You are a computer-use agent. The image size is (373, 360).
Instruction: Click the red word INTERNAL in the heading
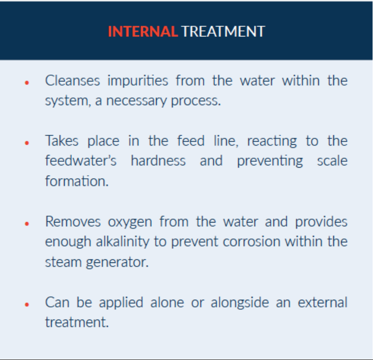[x=143, y=31]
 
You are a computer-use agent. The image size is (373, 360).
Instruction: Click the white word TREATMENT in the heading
[x=223, y=31]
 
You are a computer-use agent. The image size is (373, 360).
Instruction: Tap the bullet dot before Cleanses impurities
[x=27, y=83]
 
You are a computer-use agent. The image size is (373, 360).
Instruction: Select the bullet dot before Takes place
[x=27, y=143]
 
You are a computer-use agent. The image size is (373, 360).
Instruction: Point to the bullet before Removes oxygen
[x=27, y=223]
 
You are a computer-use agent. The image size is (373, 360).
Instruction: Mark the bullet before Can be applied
[x=27, y=304]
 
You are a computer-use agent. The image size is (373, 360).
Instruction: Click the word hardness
[x=158, y=161]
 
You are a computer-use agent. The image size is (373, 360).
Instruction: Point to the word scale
[x=332, y=161]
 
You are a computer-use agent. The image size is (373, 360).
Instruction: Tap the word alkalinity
[x=122, y=242]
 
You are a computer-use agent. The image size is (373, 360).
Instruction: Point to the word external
[x=322, y=302]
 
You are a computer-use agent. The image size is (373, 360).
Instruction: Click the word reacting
[x=272, y=141]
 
